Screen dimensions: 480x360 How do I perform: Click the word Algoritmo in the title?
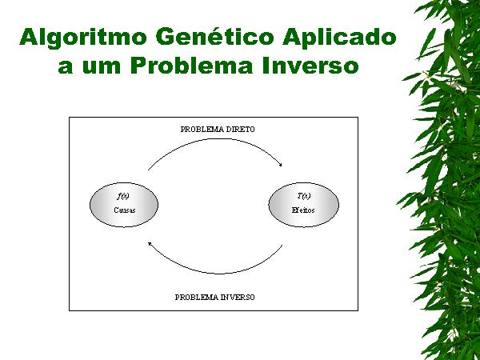[83, 38]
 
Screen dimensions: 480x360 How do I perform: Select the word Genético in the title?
[215, 37]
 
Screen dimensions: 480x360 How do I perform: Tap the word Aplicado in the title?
[339, 38]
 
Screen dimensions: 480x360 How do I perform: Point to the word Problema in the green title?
[192, 65]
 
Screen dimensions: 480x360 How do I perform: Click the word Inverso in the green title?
[310, 65]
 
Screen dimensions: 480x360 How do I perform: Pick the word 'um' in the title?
[102, 66]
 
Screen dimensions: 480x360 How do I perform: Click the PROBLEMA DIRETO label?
[218, 130]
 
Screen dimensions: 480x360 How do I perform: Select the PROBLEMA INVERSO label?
[214, 298]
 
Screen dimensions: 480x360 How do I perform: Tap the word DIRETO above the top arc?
[240, 130]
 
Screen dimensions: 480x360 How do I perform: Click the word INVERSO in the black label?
[238, 298]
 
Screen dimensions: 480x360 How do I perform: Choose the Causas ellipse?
[124, 205]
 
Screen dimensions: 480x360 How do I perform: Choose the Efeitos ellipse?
[304, 205]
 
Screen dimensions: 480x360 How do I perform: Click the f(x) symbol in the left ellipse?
[123, 196]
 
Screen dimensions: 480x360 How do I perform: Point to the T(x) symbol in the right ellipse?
[304, 196]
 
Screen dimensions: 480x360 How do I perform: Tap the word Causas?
[125, 210]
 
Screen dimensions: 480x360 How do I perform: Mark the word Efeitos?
[303, 210]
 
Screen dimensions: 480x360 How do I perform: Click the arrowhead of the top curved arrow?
[281, 165]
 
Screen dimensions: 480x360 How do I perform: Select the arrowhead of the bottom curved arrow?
[150, 244]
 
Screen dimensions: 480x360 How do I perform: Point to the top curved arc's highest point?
[218, 138]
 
